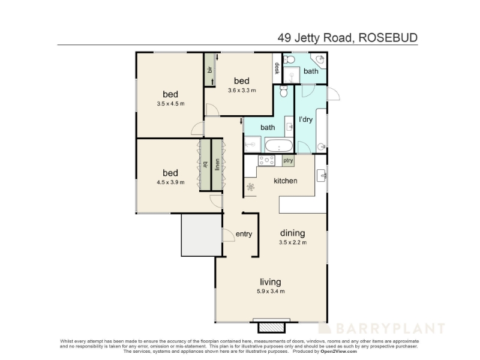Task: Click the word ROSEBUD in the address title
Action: click(x=388, y=38)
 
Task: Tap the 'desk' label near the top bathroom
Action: click(x=277, y=68)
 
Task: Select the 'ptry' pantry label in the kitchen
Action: click(x=288, y=160)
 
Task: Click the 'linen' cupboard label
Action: click(x=217, y=164)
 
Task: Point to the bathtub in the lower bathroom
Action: click(x=279, y=146)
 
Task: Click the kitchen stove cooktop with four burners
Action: click(x=266, y=160)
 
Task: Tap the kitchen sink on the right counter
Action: click(x=321, y=176)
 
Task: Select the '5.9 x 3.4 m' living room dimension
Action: click(x=271, y=291)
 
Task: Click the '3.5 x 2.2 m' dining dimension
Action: click(x=293, y=242)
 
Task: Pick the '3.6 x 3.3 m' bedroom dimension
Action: click(x=242, y=91)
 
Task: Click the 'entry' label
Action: click(x=244, y=234)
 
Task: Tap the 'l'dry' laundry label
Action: click(x=305, y=119)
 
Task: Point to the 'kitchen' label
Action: click(x=286, y=181)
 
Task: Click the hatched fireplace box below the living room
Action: click(x=272, y=327)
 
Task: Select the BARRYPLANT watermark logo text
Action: click(x=382, y=328)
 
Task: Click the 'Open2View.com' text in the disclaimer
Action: click(x=338, y=352)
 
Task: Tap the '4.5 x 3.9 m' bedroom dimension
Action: click(x=170, y=182)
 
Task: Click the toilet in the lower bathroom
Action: click(x=284, y=91)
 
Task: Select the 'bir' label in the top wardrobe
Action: click(x=210, y=70)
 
